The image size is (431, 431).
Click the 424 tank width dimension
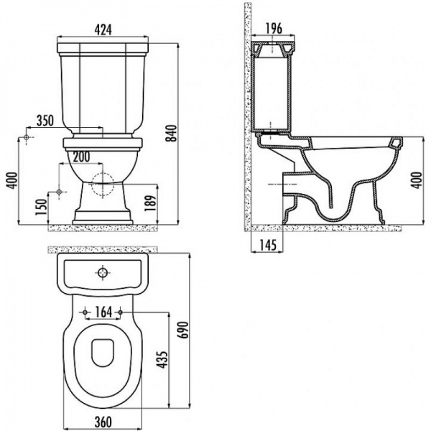pyautogui.click(x=103, y=29)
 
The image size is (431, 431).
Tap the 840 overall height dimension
pyautogui.click(x=172, y=134)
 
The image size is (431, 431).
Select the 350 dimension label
pyautogui.click(x=45, y=121)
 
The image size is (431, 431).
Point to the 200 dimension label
pyautogui.click(x=81, y=157)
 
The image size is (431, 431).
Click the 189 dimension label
pyautogui.click(x=151, y=203)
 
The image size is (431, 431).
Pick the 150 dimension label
pyautogui.click(x=42, y=207)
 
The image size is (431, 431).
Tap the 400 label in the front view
pyautogui.click(x=11, y=180)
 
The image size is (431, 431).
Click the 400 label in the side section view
pyautogui.click(x=416, y=180)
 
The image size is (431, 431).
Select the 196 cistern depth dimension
pyautogui.click(x=274, y=28)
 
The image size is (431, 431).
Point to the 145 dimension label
pyautogui.click(x=268, y=245)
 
